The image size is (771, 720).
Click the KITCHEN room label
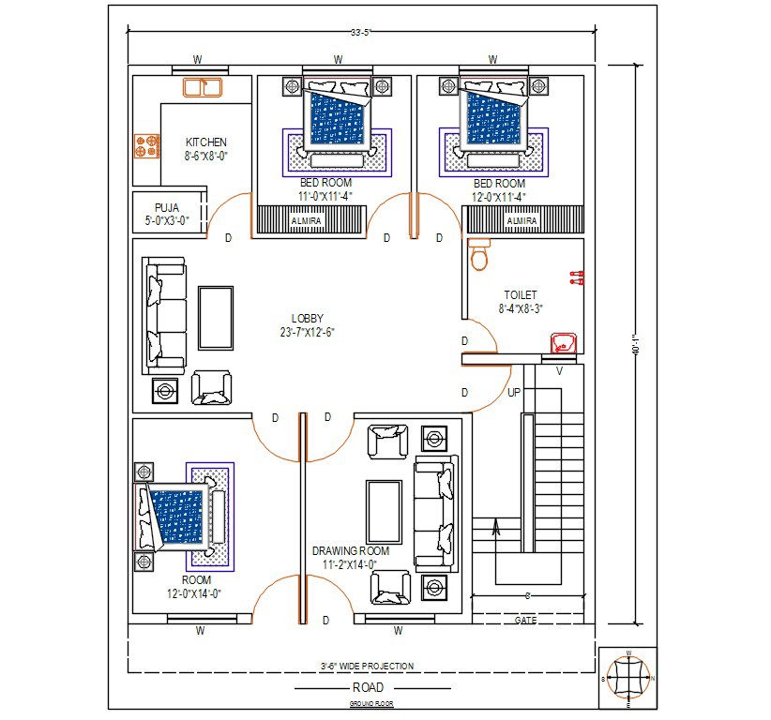205,142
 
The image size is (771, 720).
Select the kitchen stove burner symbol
145,145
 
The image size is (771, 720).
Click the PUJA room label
167,207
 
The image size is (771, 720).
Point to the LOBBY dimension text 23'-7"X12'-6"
307,332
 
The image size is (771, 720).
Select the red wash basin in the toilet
564,342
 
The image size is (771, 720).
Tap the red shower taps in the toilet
576,277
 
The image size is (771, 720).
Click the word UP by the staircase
514,392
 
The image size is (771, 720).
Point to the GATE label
526,620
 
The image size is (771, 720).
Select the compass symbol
627,677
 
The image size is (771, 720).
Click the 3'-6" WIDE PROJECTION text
366,666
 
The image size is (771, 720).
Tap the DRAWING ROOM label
350,551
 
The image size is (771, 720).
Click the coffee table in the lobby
216,318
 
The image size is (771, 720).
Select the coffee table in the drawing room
384,511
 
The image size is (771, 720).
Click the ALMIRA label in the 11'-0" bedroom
306,220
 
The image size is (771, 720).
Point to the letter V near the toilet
560,370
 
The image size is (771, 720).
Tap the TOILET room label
520,294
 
